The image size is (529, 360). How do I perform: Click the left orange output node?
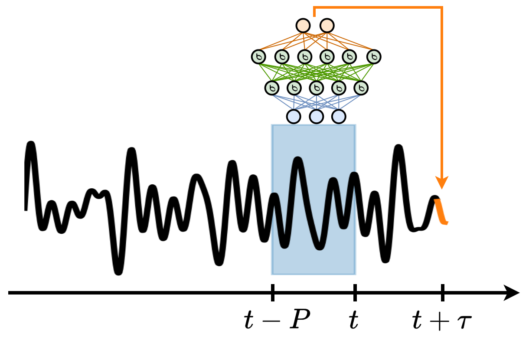point(303,26)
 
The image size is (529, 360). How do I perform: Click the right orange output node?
point(327,26)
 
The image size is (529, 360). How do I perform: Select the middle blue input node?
point(317,116)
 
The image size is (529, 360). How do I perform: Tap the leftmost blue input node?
point(294,116)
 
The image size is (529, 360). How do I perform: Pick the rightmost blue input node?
point(339,116)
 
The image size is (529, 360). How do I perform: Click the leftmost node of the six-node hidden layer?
point(258,57)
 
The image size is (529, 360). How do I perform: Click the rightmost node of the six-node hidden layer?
point(374,57)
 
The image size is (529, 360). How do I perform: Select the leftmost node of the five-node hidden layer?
point(272,88)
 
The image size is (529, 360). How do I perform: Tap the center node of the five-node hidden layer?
point(317,88)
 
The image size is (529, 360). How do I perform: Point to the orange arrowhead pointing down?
point(442,182)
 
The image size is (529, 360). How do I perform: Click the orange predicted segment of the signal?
point(441,211)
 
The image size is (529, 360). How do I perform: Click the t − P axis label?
point(277,320)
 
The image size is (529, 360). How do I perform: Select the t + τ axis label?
point(442,320)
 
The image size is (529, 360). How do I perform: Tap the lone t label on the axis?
point(354,320)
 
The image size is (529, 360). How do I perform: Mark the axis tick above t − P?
point(273,293)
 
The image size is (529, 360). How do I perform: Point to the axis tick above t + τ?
point(443,293)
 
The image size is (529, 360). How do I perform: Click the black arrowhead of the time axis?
point(511,293)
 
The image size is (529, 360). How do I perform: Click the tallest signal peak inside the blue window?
point(298,160)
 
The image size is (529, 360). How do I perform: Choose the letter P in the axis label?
point(300,319)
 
